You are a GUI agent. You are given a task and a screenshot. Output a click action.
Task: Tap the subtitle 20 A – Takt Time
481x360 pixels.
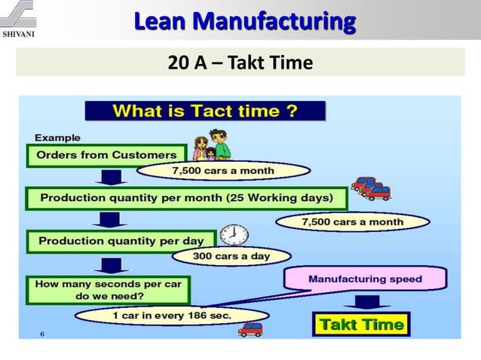click(240, 63)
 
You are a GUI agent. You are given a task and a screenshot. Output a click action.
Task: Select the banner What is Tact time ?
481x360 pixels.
click(204, 112)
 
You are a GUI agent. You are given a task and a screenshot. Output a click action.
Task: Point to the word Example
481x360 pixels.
click(58, 138)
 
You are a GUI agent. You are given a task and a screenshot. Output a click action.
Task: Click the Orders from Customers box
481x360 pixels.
click(106, 155)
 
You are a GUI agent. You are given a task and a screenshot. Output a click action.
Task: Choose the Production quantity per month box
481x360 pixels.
click(186, 198)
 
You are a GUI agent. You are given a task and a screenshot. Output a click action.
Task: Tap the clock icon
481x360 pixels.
click(235, 234)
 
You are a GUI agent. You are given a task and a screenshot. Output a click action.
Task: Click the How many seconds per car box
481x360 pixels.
click(108, 290)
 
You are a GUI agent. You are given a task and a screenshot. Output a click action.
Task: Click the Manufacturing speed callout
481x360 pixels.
click(364, 279)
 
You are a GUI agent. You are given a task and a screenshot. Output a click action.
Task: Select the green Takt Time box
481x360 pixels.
click(362, 325)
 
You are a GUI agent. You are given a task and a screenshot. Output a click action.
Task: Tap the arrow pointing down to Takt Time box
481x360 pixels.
click(367, 302)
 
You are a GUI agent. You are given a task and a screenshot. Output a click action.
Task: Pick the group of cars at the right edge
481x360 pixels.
click(372, 188)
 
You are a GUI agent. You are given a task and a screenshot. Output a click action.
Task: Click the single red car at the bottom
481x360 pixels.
click(250, 328)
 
